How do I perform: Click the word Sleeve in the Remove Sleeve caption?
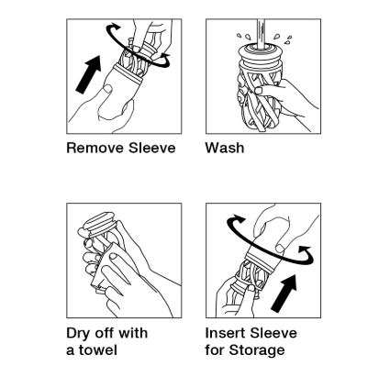coord(152,148)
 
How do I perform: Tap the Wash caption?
coord(225,148)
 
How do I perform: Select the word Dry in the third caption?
coord(78,334)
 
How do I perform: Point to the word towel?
coord(98,350)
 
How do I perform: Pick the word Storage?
coord(257,350)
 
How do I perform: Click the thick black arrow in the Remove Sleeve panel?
coord(89,74)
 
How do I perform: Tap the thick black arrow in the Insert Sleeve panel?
coord(284,294)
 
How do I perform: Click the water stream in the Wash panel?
coord(261,33)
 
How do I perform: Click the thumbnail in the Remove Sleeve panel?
coord(107,89)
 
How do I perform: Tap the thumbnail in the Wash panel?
coord(259,90)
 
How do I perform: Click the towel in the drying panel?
coord(106,269)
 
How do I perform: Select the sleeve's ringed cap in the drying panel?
coord(99,224)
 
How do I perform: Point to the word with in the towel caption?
coord(133,333)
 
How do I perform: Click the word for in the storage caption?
coord(216,350)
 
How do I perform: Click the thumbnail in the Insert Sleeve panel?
coord(279,248)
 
